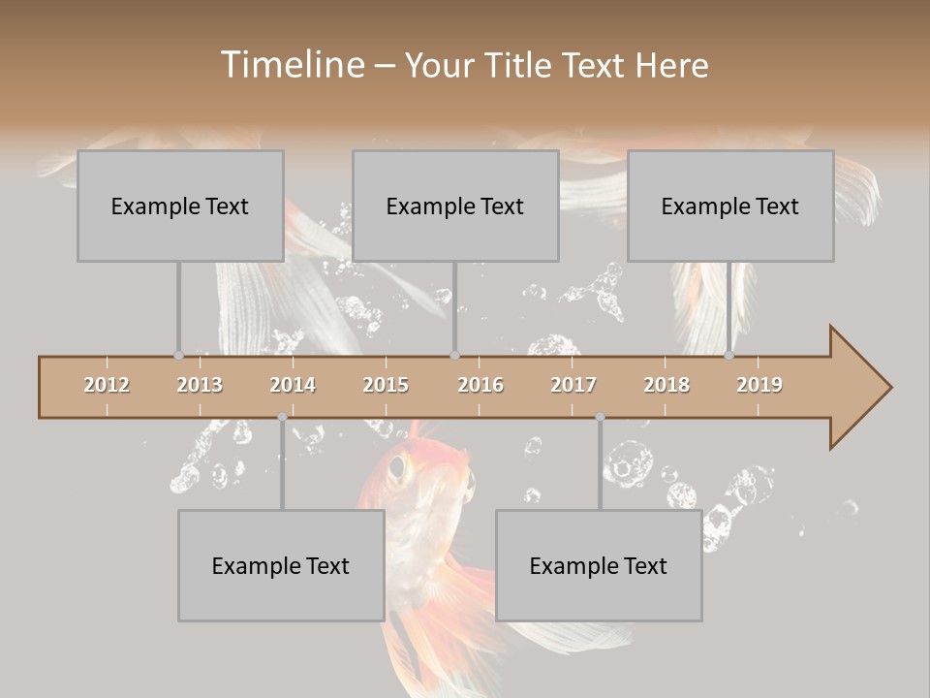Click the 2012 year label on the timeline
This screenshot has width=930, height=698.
pyautogui.click(x=107, y=385)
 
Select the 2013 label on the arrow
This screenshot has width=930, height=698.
pyautogui.click(x=200, y=385)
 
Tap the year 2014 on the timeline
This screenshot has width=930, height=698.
pyautogui.click(x=293, y=385)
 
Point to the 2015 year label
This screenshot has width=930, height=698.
pyautogui.click(x=386, y=385)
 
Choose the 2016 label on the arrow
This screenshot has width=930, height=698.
pyautogui.click(x=480, y=385)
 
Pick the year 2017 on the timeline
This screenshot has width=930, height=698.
pyautogui.click(x=573, y=385)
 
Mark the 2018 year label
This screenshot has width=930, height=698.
pyautogui.click(x=666, y=385)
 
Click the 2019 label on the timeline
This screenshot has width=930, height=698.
pyautogui.click(x=759, y=385)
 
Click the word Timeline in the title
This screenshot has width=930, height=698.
pyautogui.click(x=291, y=65)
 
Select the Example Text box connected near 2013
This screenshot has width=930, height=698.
pyautogui.click(x=180, y=206)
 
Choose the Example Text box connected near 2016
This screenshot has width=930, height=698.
pyautogui.click(x=455, y=206)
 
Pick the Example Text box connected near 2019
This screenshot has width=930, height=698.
pyautogui.click(x=730, y=206)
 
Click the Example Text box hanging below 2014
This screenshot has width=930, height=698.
pyautogui.click(x=281, y=565)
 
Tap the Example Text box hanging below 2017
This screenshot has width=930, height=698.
pyautogui.click(x=599, y=565)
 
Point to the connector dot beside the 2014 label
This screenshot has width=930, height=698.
pyautogui.click(x=282, y=417)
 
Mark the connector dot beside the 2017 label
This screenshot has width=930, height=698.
pyautogui.click(x=600, y=417)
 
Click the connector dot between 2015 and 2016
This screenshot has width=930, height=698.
pyautogui.click(x=454, y=356)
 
